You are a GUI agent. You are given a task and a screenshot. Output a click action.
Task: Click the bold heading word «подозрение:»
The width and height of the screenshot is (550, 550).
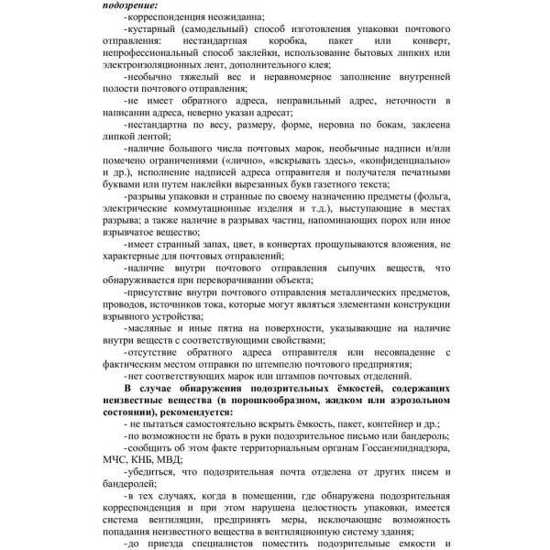(x=128, y=5)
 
